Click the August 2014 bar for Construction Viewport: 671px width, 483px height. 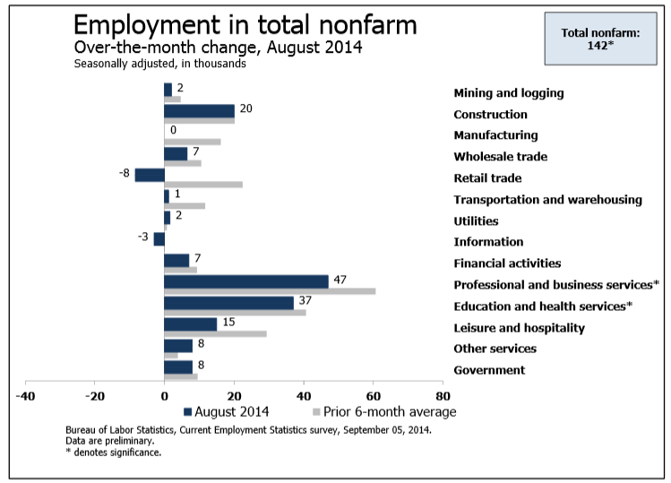[199, 111]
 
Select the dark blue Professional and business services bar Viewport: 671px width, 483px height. [246, 281]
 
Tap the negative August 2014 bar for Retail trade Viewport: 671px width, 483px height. [150, 175]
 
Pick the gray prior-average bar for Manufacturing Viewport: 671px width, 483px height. [193, 142]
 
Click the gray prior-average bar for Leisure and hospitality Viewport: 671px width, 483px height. [215, 334]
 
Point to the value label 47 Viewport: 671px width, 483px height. [340, 280]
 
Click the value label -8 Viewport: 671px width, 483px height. [125, 172]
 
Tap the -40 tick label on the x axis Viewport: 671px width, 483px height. [26, 395]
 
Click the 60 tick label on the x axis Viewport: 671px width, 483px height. [373, 395]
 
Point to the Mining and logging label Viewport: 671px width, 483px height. [508, 92]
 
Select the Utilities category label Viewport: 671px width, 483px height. [476, 220]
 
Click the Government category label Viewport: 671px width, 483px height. [489, 370]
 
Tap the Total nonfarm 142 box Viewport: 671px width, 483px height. [600, 39]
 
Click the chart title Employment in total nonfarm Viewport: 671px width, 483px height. [245, 24]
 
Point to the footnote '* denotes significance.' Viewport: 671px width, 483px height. [114, 453]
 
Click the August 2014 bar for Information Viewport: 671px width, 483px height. [159, 238]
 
